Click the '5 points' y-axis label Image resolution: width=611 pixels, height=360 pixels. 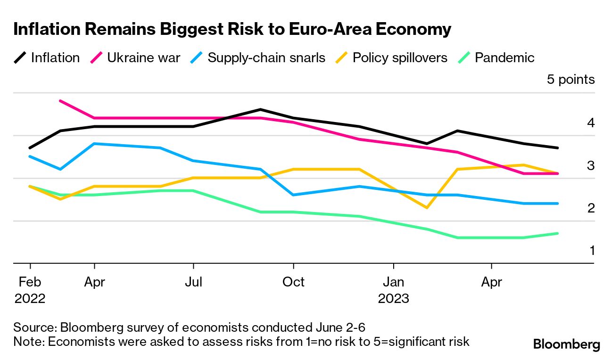pyautogui.click(x=570, y=80)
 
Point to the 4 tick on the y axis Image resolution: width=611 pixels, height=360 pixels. pyautogui.click(x=591, y=123)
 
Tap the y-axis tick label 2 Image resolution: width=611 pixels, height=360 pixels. pyautogui.click(x=591, y=208)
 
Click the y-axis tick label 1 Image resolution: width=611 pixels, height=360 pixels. pyautogui.click(x=592, y=250)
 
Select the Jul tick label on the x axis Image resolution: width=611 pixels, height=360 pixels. pyautogui.click(x=193, y=282)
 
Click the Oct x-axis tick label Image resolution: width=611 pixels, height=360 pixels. pyautogui.click(x=293, y=282)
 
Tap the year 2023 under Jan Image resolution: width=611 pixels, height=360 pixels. pyautogui.click(x=394, y=299)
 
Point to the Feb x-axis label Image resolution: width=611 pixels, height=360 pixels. pyautogui.click(x=30, y=282)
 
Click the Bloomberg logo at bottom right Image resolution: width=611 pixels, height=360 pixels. pyautogui.click(x=567, y=344)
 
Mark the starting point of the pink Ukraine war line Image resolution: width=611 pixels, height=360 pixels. pyautogui.click(x=60, y=101)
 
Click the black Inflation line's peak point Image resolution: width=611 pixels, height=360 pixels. pyautogui.click(x=260, y=110)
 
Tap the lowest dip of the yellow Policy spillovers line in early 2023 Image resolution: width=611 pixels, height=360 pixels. pyautogui.click(x=427, y=207)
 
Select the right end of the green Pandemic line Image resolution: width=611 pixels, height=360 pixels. pyautogui.click(x=558, y=233)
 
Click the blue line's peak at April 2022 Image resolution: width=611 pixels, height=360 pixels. pyautogui.click(x=95, y=144)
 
